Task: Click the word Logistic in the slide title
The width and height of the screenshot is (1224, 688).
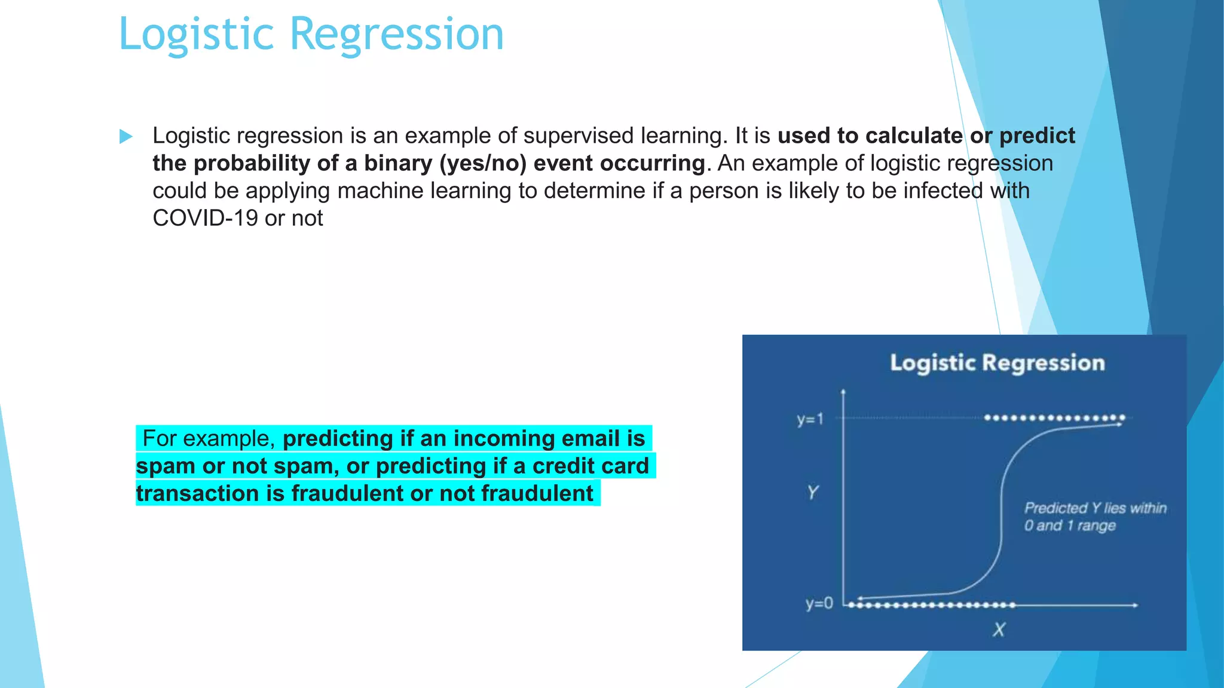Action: [196, 35]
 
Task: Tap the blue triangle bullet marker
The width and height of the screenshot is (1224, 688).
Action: [126, 136]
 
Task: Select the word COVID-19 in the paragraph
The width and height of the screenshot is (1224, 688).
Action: [205, 219]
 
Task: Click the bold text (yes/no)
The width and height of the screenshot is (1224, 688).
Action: [483, 164]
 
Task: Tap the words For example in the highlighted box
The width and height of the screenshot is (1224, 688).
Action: [207, 439]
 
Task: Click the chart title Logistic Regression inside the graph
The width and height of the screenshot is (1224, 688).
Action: [997, 363]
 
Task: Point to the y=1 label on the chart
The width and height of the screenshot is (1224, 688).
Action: [810, 419]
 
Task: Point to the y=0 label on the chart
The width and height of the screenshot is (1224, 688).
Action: [818, 604]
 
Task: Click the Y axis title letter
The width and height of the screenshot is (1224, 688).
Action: [812, 493]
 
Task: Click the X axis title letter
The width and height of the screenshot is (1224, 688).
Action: [999, 629]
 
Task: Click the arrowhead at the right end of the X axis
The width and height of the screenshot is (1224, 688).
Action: [1134, 605]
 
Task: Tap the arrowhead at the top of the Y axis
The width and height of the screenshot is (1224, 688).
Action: [843, 392]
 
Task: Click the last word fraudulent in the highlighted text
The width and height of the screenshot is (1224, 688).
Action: [537, 494]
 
